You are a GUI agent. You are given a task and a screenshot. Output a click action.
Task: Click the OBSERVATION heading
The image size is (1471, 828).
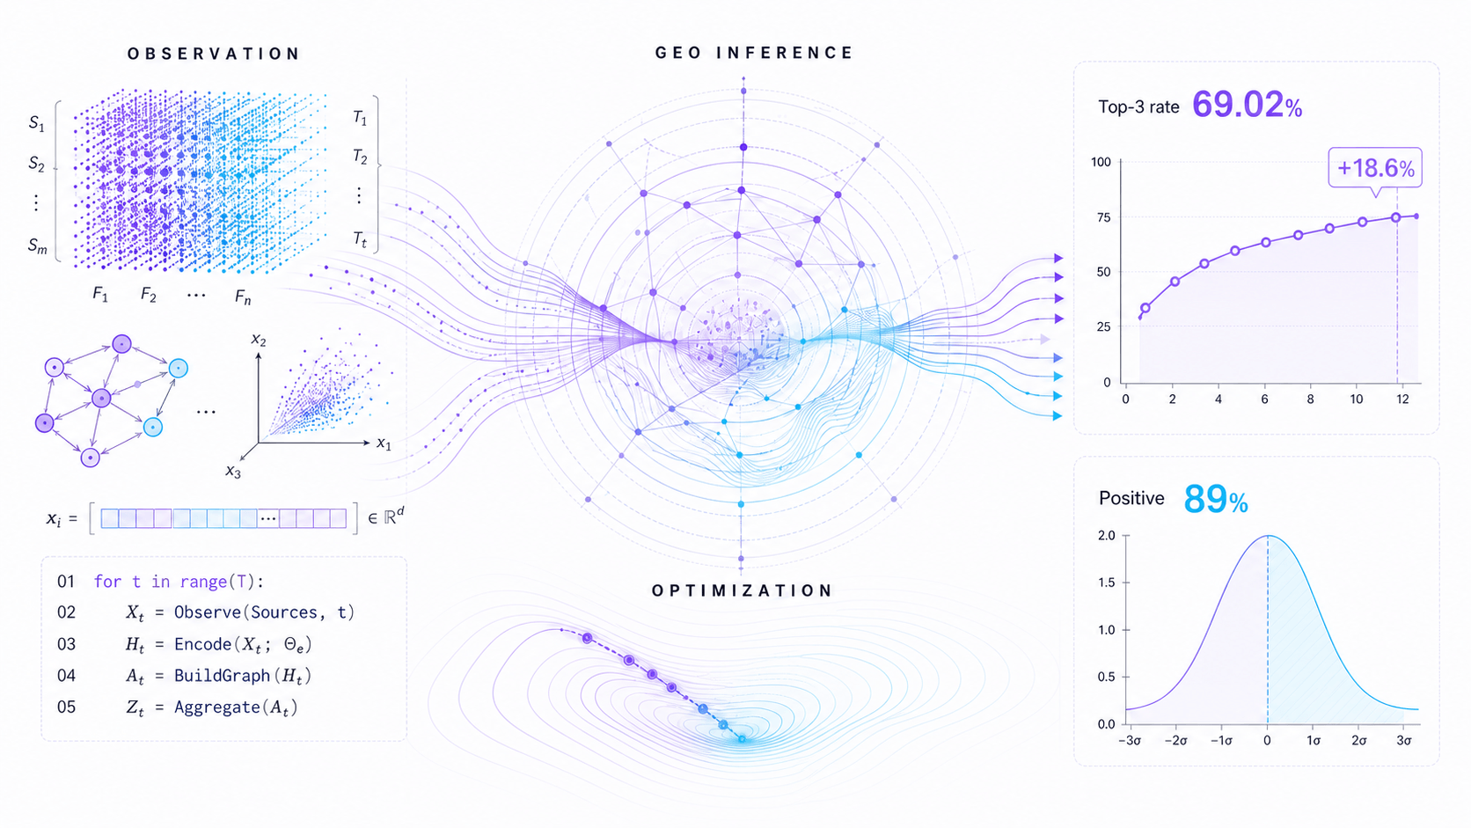click(x=214, y=54)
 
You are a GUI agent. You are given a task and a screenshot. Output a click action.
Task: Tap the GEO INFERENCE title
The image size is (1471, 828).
click(x=755, y=53)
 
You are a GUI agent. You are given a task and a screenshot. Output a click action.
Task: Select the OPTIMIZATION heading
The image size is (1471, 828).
click(x=742, y=590)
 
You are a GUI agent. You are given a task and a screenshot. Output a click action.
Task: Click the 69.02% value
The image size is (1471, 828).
click(x=1247, y=105)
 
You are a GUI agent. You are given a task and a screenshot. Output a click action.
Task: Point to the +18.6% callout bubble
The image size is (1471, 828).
click(x=1375, y=168)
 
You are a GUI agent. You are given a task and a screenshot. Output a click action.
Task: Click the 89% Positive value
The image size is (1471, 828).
click(x=1216, y=499)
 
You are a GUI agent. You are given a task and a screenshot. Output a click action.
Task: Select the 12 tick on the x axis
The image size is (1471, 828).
click(x=1402, y=399)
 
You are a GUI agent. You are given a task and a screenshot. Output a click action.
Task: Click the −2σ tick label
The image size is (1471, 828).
click(x=1176, y=741)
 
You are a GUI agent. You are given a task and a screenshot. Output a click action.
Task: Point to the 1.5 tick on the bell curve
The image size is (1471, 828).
click(x=1107, y=583)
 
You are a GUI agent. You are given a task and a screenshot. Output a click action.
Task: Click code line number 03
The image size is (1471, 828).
click(x=66, y=644)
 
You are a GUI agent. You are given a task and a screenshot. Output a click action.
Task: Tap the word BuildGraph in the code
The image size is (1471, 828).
click(x=223, y=676)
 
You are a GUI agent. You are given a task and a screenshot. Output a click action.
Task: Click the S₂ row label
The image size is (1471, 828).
click(x=37, y=164)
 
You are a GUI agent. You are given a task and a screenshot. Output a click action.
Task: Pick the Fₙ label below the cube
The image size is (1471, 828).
click(x=243, y=297)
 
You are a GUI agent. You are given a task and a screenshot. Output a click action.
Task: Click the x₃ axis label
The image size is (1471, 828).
click(x=233, y=472)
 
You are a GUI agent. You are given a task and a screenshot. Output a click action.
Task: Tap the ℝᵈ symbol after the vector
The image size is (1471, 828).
click(x=393, y=517)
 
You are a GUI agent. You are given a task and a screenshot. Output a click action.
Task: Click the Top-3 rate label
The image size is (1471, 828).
click(x=1138, y=107)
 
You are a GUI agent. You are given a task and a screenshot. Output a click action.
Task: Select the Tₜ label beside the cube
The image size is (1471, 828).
click(x=360, y=239)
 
